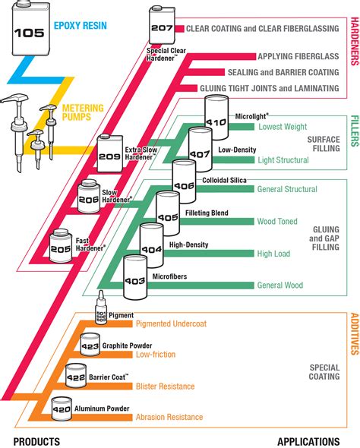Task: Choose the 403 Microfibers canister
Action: tap(135, 279)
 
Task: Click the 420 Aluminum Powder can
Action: tap(61, 409)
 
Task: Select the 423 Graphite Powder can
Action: tap(90, 347)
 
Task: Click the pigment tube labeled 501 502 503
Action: tap(99, 311)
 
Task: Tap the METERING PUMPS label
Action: tap(82, 112)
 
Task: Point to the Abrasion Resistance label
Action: tap(169, 417)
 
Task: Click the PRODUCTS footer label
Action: tap(36, 441)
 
